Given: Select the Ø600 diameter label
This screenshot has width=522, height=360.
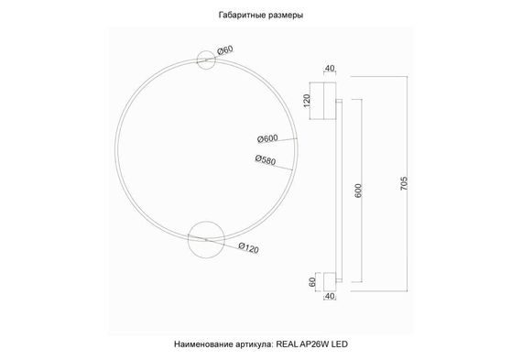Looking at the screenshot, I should coord(267,138).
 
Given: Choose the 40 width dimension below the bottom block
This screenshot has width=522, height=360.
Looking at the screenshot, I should coord(328,296).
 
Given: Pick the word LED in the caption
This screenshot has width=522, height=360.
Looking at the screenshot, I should coord(342,344).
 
